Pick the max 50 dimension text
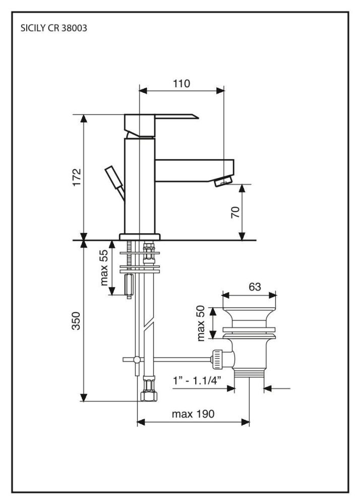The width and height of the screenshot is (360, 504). click(x=202, y=322)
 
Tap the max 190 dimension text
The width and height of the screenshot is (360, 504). click(x=193, y=414)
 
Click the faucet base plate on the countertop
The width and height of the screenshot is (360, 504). click(x=139, y=236)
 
